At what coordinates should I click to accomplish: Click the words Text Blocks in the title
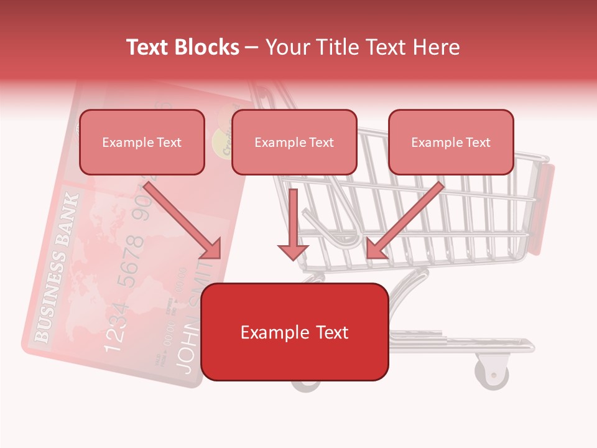[182, 47]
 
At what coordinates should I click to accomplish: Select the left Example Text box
[142, 142]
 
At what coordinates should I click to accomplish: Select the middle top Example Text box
[294, 142]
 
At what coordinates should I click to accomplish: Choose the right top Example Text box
[451, 142]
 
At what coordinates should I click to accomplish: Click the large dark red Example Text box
[295, 332]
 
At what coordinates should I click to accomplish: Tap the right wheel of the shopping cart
[492, 372]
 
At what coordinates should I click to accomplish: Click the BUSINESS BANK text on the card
[60, 268]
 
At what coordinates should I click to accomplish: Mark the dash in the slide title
[252, 47]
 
